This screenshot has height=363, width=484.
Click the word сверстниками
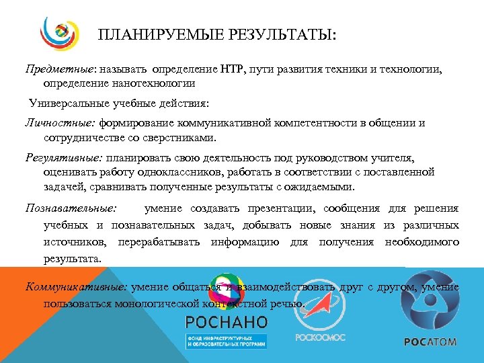point(173,138)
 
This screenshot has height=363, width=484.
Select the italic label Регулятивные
point(63,158)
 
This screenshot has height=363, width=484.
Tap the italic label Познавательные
point(71,208)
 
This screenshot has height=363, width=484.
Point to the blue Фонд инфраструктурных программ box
point(227,340)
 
